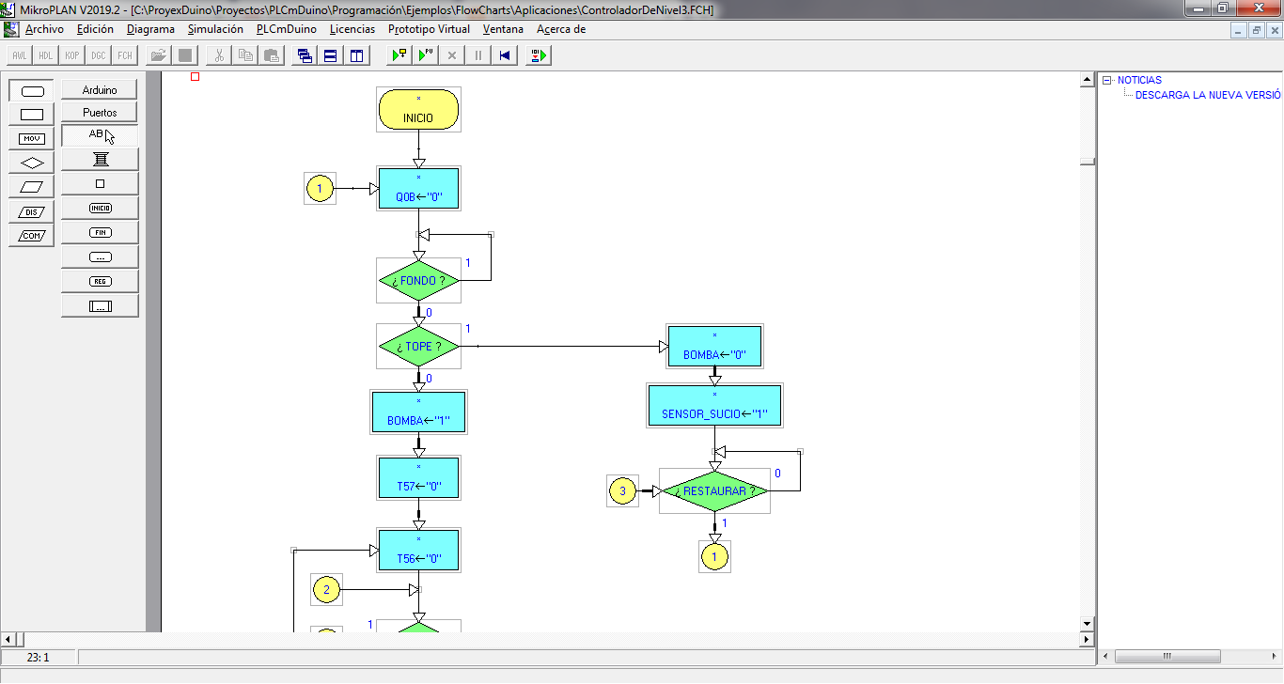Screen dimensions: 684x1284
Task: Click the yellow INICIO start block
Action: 418,110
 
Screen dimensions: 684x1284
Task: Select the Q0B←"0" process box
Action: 418,189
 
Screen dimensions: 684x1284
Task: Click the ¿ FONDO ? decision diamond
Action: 418,281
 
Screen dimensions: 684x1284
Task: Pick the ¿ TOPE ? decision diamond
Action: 418,347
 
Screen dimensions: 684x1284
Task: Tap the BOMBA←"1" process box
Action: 418,412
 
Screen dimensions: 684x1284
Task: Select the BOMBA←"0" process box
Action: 714,347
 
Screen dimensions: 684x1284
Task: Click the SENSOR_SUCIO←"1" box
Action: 714,405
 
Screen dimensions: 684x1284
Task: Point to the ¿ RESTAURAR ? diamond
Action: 714,491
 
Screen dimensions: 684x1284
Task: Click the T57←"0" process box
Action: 418,478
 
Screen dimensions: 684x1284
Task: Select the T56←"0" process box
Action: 418,550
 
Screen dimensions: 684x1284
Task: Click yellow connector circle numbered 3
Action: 621,490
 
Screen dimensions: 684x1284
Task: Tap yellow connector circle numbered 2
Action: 326,590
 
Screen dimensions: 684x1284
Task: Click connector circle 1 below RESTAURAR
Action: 714,556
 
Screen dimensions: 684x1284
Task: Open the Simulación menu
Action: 215,29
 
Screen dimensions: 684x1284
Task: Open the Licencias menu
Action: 352,29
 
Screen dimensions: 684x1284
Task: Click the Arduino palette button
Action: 100,90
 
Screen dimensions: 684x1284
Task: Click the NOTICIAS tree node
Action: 1139,81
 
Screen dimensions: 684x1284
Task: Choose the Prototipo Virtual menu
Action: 429,29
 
